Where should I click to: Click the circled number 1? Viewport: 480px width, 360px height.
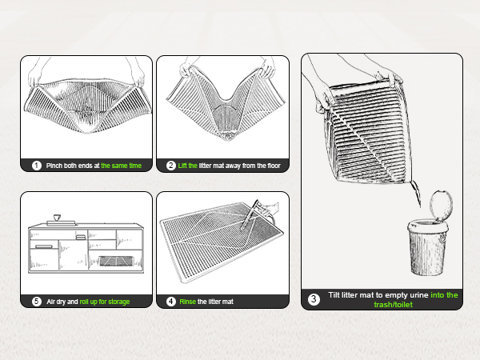[x=37, y=166]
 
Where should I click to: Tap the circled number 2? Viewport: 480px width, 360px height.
[x=171, y=166]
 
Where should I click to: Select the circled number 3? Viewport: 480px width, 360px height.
[x=314, y=299]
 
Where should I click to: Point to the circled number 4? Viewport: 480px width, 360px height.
[x=171, y=302]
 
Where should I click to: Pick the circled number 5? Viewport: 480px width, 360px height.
[x=37, y=302]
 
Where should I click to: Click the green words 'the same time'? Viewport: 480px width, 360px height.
[x=122, y=166]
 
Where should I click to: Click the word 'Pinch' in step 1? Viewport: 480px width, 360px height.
[x=54, y=166]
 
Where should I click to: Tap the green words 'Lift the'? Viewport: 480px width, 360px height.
[x=188, y=166]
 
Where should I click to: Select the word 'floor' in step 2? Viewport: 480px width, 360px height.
[x=274, y=166]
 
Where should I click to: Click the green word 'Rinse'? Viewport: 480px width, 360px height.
[x=188, y=302]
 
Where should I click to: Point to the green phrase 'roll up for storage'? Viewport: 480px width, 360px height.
[x=105, y=302]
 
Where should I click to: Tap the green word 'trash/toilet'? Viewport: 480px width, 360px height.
[x=394, y=304]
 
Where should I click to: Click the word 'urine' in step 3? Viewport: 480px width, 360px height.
[x=419, y=295]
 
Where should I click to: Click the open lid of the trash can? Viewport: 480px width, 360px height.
[x=441, y=205]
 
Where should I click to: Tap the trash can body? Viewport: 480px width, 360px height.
[x=427, y=247]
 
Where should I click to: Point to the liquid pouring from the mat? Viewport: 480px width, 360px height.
[x=416, y=193]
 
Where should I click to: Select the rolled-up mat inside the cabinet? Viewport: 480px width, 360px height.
[x=116, y=261]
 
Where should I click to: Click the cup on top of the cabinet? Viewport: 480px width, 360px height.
[x=57, y=218]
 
